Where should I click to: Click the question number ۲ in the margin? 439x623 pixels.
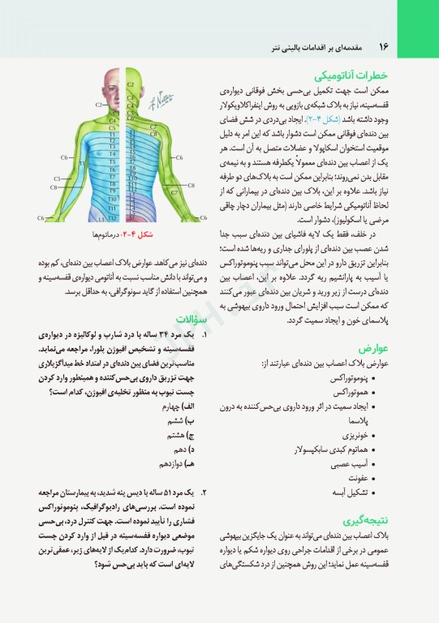[x=204, y=492]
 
